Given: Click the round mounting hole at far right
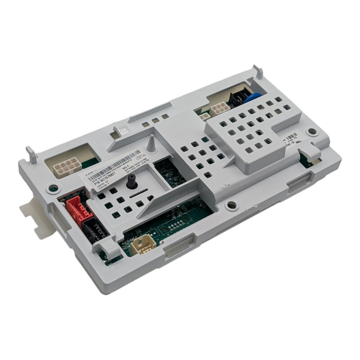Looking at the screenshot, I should coord(310,132).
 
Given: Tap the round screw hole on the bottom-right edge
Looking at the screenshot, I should coord(231,206).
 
